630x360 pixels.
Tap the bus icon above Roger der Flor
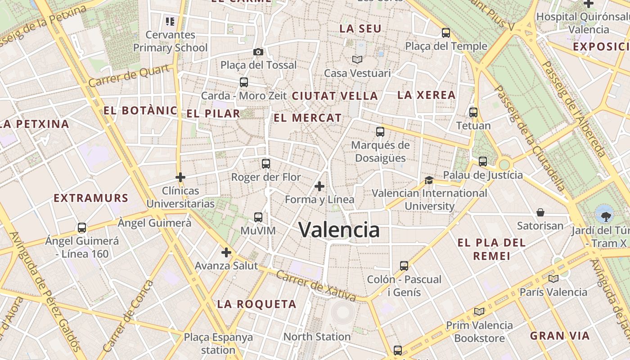click(x=266, y=163)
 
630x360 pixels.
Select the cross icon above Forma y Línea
click(x=319, y=186)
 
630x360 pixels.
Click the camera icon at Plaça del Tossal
click(x=258, y=52)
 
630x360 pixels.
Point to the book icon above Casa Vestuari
click(x=357, y=59)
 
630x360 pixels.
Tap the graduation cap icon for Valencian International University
click(x=429, y=180)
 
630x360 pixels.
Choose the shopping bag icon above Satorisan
click(x=540, y=212)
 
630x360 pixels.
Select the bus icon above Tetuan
click(x=473, y=112)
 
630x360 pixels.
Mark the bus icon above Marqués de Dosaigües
click(x=380, y=132)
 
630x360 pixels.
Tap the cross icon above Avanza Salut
click(x=226, y=252)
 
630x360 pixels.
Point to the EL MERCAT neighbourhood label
click(x=308, y=118)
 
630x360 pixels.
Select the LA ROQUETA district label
click(x=256, y=304)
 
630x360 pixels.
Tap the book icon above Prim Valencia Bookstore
click(x=480, y=311)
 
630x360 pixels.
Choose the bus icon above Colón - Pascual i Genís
click(x=404, y=266)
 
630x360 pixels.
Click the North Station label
click(x=317, y=337)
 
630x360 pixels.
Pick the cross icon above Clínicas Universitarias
click(x=180, y=177)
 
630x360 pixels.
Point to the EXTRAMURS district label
click(x=91, y=198)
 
